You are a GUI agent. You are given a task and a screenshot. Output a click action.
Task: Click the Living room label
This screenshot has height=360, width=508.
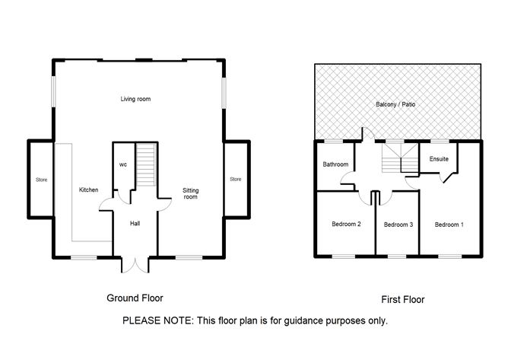(137, 100)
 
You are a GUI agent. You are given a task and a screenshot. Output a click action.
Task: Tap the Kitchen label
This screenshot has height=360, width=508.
(89, 190)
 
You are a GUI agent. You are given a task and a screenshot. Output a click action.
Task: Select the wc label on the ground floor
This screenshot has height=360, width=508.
(122, 164)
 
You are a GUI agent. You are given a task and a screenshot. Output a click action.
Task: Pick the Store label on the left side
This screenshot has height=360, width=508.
(40, 180)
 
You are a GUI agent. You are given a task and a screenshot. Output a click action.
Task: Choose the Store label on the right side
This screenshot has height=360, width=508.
(235, 179)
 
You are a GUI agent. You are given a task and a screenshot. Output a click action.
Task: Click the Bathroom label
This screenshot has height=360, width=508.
(335, 164)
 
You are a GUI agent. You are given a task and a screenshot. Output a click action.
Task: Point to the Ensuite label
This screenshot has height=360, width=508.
(439, 159)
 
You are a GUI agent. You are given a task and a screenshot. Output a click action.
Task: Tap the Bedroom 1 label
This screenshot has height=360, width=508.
(448, 225)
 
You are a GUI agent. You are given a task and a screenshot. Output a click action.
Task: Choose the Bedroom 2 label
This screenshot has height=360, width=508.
(346, 224)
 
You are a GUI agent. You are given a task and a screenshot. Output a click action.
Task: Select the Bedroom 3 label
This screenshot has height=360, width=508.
(397, 225)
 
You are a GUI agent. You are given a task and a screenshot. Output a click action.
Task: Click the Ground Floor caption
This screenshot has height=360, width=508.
(135, 298)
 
